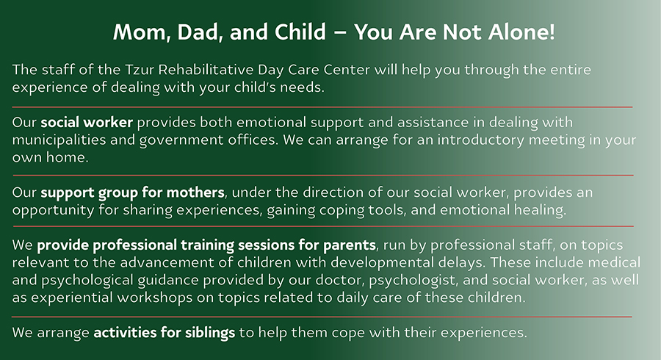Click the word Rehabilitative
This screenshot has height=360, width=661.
coord(206,70)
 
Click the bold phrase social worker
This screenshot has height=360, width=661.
coord(87,122)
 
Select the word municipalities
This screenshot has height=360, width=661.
coord(59,140)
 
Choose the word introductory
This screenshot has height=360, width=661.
coord(480,140)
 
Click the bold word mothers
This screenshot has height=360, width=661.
coord(195,192)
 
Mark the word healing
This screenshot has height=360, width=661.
coord(540,210)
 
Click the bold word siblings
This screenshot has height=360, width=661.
coord(210,333)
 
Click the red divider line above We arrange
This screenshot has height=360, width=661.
coord(322,317)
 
